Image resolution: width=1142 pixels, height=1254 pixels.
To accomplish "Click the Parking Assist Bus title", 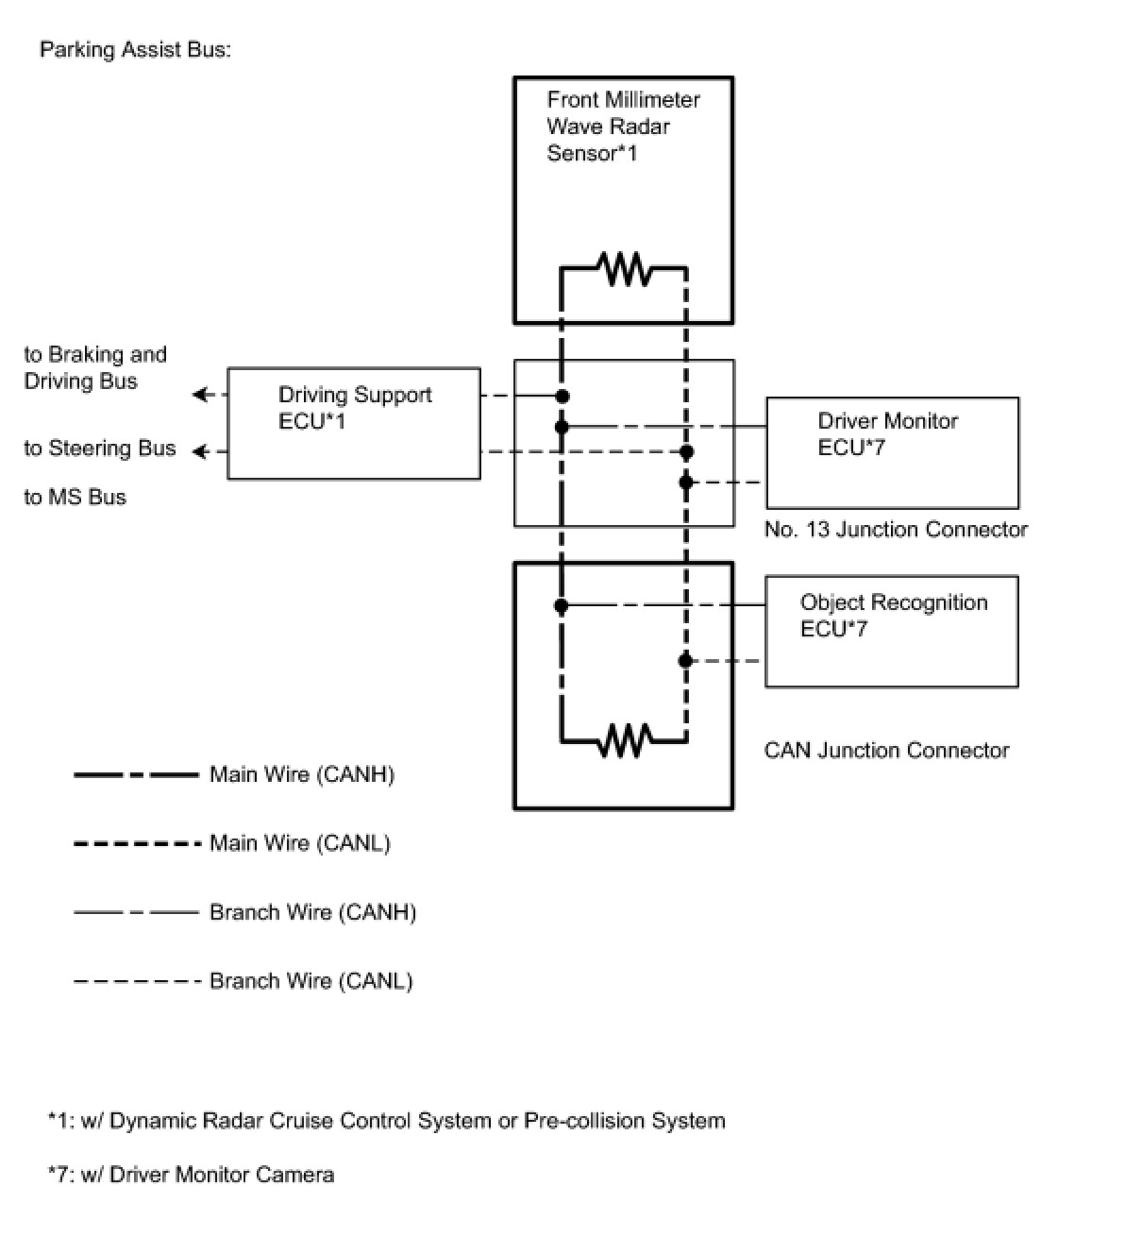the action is coord(135,50).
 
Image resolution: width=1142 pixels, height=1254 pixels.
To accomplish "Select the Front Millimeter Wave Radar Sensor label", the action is coord(623,127).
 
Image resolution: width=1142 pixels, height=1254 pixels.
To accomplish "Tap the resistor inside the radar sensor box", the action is coord(625,269).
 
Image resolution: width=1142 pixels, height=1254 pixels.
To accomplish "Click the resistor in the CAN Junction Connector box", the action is coord(625,740).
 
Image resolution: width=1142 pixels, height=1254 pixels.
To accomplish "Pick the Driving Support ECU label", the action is coord(355,408).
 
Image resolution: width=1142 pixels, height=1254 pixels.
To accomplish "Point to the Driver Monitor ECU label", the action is coord(887,433).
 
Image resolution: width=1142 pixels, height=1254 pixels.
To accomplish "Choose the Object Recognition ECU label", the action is coord(893,615).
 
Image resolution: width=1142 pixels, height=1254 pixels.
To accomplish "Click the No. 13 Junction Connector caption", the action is coord(895,530).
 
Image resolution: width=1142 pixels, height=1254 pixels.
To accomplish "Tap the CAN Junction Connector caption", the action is coord(885,750).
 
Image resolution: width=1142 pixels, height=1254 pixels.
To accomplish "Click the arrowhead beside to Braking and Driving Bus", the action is coord(200,395).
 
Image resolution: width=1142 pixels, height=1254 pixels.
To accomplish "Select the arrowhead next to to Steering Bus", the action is coord(200,451).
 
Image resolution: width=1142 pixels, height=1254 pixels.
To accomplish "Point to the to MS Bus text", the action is coord(75,497).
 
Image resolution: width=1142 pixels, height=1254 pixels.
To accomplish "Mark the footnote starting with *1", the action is coord(386,1121).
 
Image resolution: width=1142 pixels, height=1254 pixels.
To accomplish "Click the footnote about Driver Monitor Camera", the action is coord(191,1175).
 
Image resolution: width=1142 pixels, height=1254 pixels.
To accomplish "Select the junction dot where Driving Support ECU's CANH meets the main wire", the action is coord(563,396).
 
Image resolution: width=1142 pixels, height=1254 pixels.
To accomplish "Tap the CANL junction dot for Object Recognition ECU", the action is coord(686,660).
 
